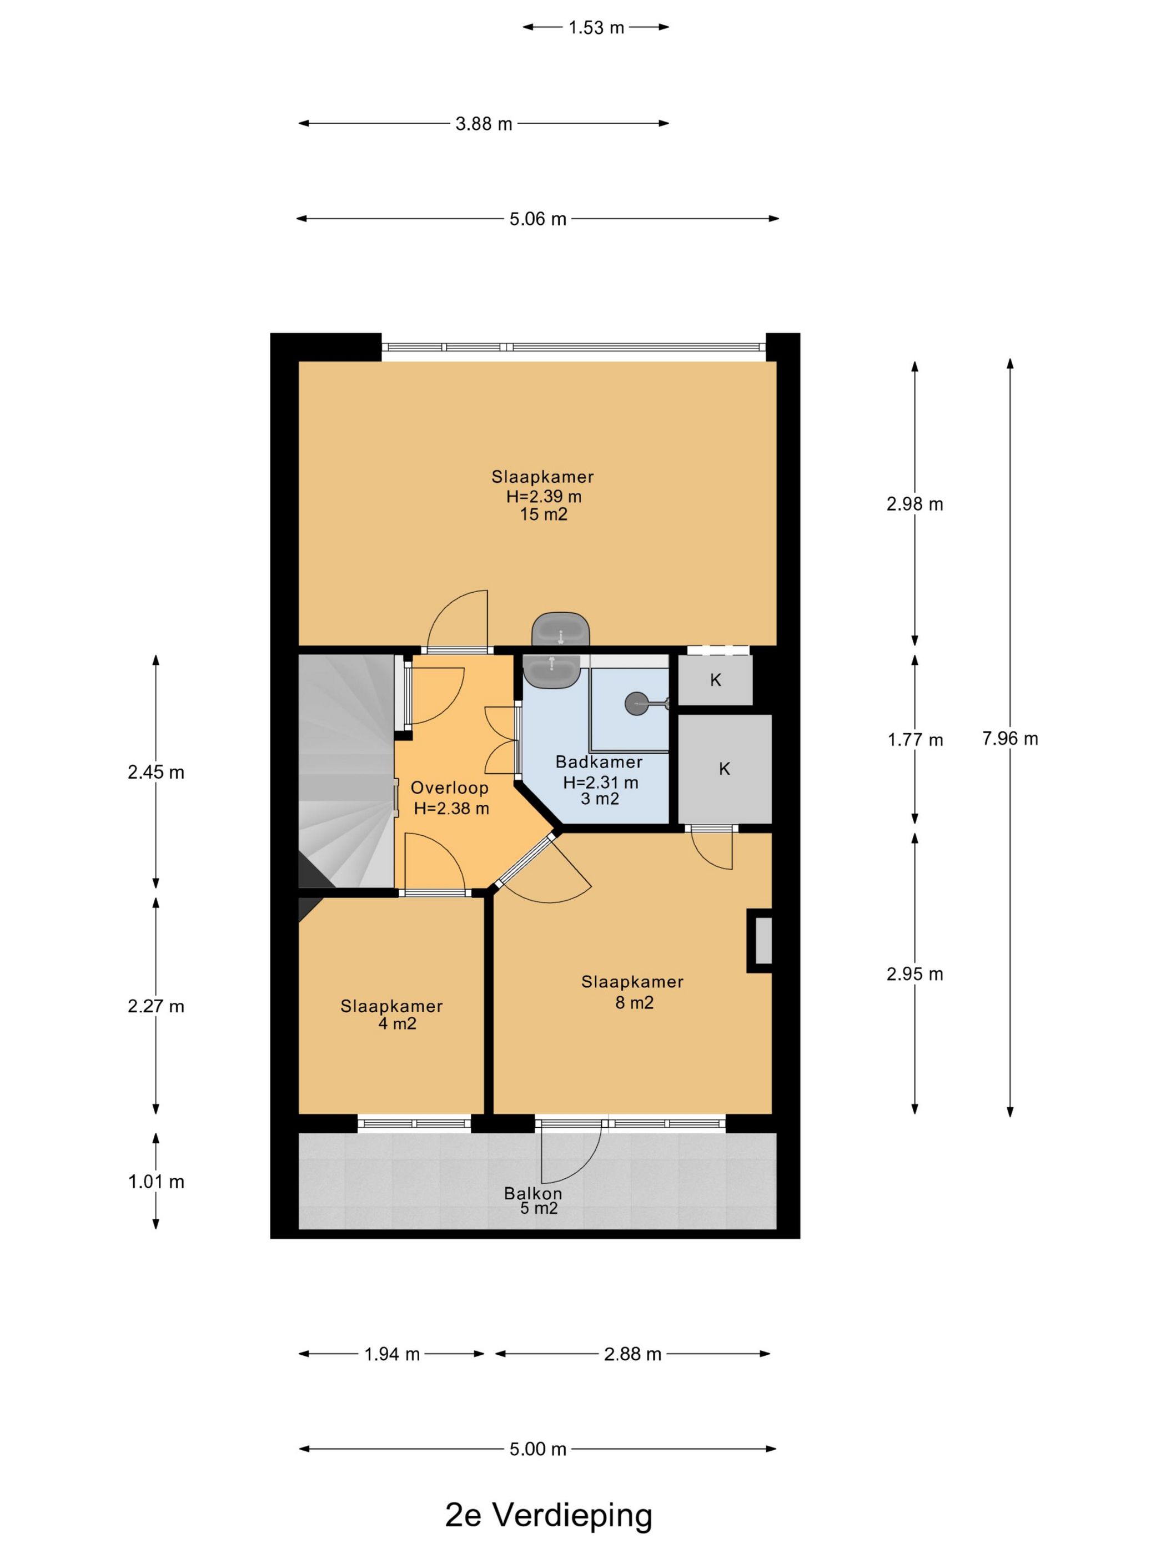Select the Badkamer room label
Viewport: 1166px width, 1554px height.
pyautogui.click(x=599, y=762)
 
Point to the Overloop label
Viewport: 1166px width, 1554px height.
pyautogui.click(x=449, y=788)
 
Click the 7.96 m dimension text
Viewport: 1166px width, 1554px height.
pyautogui.click(x=1010, y=738)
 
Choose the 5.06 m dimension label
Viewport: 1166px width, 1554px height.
pyautogui.click(x=537, y=219)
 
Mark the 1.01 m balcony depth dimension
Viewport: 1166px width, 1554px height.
pyautogui.click(x=156, y=1182)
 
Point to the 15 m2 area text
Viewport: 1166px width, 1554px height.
pyautogui.click(x=543, y=515)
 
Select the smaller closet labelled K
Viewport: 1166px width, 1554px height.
pyautogui.click(x=715, y=680)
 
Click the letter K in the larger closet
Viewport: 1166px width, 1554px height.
pyautogui.click(x=725, y=769)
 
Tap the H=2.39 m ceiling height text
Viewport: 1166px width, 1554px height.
pyautogui.click(x=544, y=497)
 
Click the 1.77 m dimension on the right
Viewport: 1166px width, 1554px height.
pyautogui.click(x=915, y=740)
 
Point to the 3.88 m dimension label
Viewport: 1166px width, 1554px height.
pyautogui.click(x=484, y=124)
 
